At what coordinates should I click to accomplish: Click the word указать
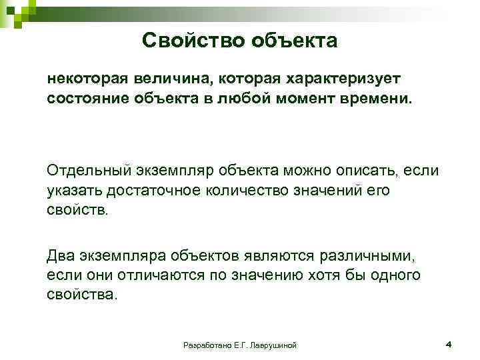click(74, 191)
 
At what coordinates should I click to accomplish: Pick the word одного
click(393, 275)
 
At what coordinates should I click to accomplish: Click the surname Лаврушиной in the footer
click(269, 345)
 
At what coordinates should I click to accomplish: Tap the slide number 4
click(448, 344)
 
